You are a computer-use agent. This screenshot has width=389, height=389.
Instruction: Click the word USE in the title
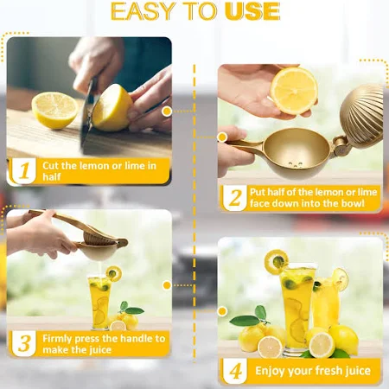[x=252, y=11]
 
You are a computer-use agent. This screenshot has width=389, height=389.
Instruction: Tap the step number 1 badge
[x=24, y=170]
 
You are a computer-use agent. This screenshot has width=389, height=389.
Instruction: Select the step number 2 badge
[x=235, y=198]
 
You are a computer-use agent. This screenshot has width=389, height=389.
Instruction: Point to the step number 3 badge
[x=24, y=343]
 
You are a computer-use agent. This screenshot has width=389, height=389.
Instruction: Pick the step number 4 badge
[x=235, y=371]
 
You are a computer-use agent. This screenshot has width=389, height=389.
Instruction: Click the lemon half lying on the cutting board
[x=54, y=111]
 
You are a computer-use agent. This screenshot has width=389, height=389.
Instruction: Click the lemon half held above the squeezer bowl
[x=294, y=91]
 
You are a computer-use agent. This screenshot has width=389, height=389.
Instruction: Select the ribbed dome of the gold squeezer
[x=361, y=115]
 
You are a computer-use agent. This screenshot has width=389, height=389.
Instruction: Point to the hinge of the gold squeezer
[x=341, y=146]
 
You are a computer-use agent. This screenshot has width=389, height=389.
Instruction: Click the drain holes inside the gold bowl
[x=296, y=164]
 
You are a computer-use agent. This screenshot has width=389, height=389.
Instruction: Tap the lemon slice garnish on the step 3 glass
[x=114, y=273]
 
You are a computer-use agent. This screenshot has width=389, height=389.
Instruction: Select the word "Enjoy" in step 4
[x=270, y=371]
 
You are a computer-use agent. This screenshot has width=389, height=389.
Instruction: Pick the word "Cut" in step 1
[x=51, y=166]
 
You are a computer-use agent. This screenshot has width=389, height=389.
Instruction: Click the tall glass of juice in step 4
[x=297, y=308]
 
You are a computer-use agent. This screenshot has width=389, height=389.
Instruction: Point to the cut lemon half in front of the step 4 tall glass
[x=270, y=347]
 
